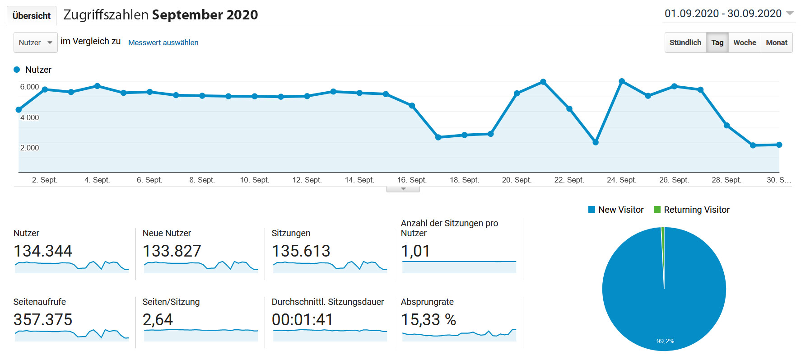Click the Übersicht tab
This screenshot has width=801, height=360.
32,16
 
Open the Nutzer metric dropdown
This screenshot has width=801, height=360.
36,42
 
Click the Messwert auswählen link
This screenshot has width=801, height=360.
163,42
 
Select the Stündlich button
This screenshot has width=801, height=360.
685,42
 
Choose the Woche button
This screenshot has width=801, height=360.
745,42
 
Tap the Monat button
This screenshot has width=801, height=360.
777,42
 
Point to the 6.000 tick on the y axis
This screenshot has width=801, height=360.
29,87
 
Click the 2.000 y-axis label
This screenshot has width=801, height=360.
29,148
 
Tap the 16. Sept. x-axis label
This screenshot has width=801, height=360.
411,180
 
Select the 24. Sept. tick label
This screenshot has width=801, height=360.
621,180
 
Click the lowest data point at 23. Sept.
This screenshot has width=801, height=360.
596,142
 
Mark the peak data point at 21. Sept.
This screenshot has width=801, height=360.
543,82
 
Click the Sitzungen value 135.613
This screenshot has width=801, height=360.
301,251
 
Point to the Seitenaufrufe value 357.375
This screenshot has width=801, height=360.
43,319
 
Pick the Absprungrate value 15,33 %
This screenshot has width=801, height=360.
428,319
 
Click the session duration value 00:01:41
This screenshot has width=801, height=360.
302,319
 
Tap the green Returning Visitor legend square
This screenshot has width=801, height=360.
657,210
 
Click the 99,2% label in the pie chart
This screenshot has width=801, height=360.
665,341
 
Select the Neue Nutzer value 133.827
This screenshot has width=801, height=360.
172,251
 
